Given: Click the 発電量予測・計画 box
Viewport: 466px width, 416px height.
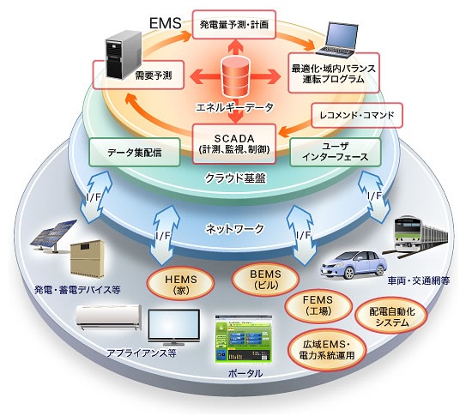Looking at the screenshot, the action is pyautogui.click(x=234, y=25).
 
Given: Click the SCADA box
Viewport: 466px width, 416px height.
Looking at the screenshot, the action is pyautogui.click(x=234, y=144).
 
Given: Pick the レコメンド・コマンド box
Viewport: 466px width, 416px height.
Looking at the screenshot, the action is pyautogui.click(x=357, y=115).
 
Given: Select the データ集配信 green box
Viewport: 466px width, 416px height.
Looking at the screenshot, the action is pyautogui.click(x=135, y=152).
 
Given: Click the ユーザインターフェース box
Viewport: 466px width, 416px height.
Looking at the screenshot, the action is pyautogui.click(x=336, y=152).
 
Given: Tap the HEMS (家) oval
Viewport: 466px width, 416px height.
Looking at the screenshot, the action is pyautogui.click(x=181, y=284).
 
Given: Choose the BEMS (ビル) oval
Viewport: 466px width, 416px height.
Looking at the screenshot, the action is pyautogui.click(x=265, y=279).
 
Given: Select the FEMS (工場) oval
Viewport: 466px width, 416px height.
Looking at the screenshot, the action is pyautogui.click(x=318, y=305).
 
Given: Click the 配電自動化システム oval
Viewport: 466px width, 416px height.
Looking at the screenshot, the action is pyautogui.click(x=391, y=317).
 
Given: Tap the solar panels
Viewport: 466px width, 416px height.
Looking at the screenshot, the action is pyautogui.click(x=53, y=236).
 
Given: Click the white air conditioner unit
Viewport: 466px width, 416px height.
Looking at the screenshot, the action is pyautogui.click(x=109, y=317).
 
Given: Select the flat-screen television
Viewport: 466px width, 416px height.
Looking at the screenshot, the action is pyautogui.click(x=174, y=327).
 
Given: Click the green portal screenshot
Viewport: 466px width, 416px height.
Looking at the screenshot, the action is pyautogui.click(x=244, y=339).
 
